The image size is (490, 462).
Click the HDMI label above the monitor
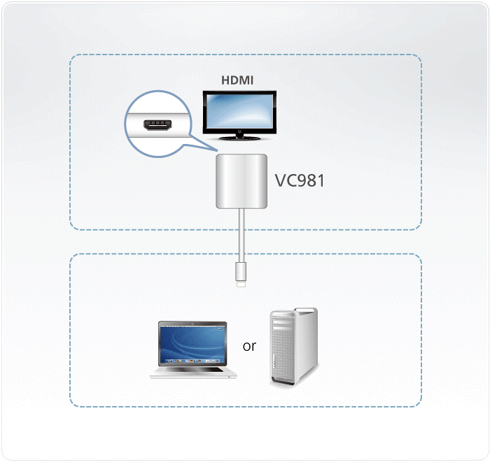[x=237, y=80]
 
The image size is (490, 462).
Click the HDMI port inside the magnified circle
[x=156, y=124]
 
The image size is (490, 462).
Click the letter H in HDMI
[x=225, y=80]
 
